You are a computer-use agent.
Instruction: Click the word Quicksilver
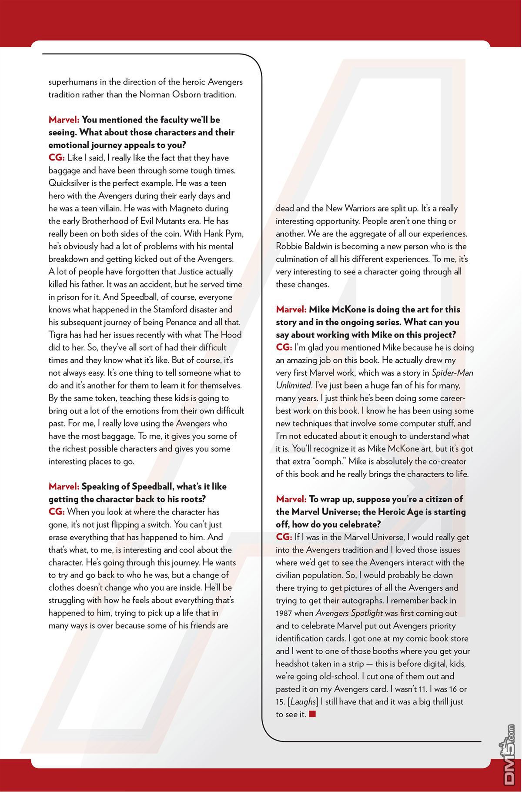tap(69, 183)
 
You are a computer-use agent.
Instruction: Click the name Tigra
tap(58, 335)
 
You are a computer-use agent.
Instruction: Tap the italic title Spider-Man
tap(452, 373)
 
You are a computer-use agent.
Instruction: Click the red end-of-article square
tap(312, 714)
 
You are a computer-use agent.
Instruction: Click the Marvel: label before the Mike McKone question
tap(291, 310)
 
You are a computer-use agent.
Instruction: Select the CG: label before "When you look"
tap(57, 512)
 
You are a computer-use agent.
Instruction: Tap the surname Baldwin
tap(320, 247)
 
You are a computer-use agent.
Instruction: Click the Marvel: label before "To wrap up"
tap(291, 499)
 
